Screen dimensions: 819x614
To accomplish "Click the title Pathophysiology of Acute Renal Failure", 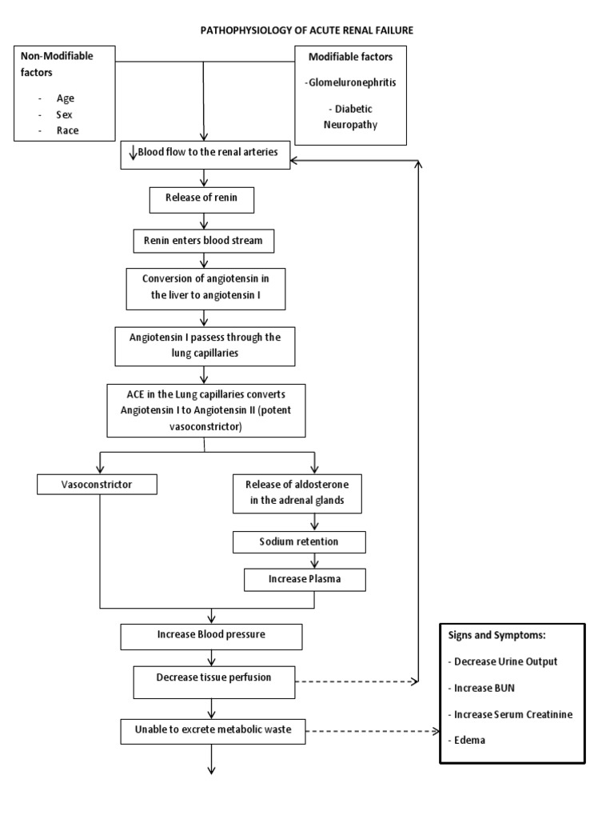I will pyautogui.click(x=307, y=30).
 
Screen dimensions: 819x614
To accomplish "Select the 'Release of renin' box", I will pyautogui.click(x=201, y=200).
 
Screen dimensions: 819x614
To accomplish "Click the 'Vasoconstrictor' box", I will pyautogui.click(x=96, y=484).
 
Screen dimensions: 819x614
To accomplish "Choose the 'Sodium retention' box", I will pyautogui.click(x=298, y=541).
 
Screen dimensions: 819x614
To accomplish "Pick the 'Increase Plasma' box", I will pyautogui.click(x=305, y=578).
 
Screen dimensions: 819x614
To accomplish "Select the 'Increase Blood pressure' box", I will pyautogui.click(x=211, y=635).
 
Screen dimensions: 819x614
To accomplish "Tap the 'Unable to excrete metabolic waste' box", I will pyautogui.click(x=213, y=731).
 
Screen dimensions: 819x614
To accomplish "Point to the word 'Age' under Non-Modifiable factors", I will pyautogui.click(x=65, y=98).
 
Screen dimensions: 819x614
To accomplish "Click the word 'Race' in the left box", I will pyautogui.click(x=67, y=130).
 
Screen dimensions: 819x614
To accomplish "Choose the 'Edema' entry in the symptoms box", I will pyautogui.click(x=468, y=740).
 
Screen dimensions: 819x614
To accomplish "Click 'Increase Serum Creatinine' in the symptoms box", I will pyautogui.click(x=512, y=713).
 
